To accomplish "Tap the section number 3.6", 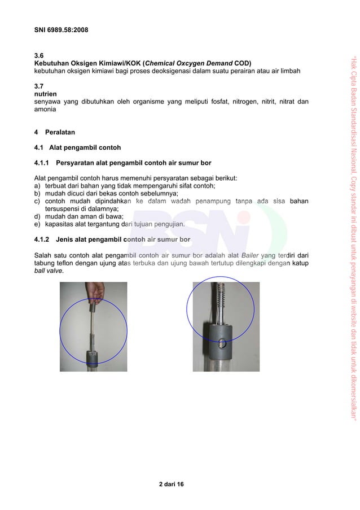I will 39,55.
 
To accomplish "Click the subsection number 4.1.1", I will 44,164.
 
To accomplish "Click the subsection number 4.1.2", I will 44,239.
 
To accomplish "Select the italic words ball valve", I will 49,271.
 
